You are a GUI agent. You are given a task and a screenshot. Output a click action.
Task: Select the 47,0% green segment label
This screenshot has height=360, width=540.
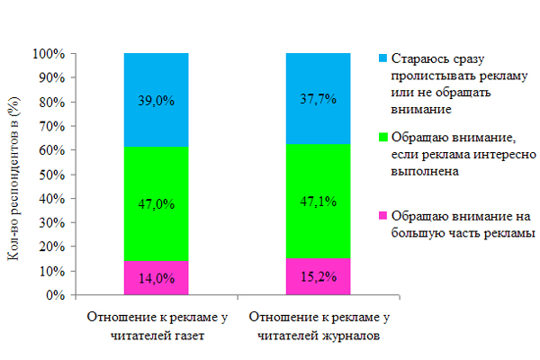pyautogui.click(x=155, y=204)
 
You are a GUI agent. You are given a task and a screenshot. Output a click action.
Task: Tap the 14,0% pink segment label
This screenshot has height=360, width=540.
pyautogui.click(x=155, y=279)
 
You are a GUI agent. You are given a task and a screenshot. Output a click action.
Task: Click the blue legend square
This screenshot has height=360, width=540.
pyautogui.click(x=383, y=58)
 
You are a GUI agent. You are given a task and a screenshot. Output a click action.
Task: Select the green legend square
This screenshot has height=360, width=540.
pyautogui.click(x=383, y=138)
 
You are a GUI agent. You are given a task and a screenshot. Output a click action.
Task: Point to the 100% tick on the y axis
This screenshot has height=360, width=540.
pyautogui.click(x=48, y=54)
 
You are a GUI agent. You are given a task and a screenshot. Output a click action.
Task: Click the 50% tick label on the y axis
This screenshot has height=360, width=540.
pyautogui.click(x=50, y=175)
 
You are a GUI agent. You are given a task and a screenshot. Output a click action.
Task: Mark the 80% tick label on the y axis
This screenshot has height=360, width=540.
pyautogui.click(x=50, y=102)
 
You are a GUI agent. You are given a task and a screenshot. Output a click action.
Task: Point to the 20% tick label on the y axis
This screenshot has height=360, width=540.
pyautogui.click(x=50, y=247)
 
